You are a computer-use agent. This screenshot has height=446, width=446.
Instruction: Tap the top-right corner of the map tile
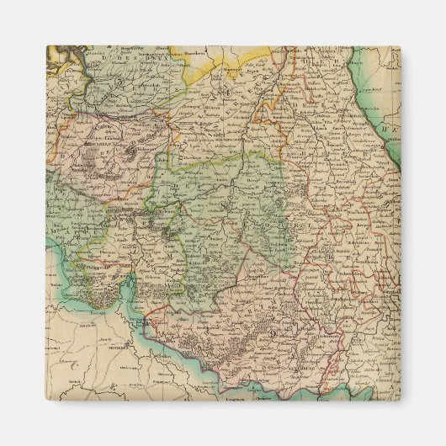pos(400,46)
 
